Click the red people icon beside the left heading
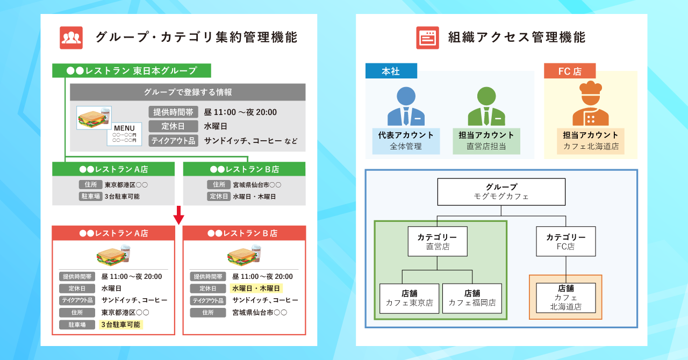[x=71, y=38]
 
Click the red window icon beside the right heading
[x=427, y=38]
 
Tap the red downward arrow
[x=179, y=215]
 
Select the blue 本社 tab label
[x=391, y=71]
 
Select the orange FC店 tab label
[x=570, y=71]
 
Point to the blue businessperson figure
[x=406, y=106]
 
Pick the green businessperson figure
[x=486, y=106]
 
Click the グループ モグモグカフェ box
[x=501, y=192]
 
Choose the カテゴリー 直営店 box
[x=437, y=241]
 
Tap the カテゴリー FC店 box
[x=565, y=241]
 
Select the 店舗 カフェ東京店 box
[x=409, y=298]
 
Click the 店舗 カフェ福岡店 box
[x=472, y=298]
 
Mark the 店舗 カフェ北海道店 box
[x=565, y=298]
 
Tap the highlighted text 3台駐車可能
[x=121, y=325]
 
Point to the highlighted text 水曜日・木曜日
[x=256, y=289]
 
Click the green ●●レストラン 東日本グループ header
[x=131, y=70]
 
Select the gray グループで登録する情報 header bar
[x=188, y=92]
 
